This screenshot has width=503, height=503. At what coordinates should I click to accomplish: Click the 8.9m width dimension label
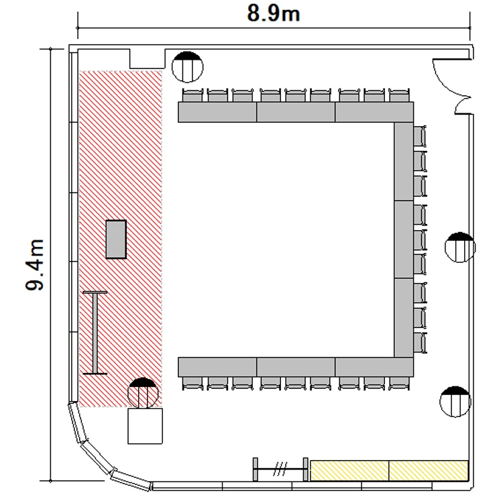274,14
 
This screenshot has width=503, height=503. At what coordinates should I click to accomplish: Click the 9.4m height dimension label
35,265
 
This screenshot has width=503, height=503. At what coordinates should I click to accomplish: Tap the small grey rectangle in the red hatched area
116,239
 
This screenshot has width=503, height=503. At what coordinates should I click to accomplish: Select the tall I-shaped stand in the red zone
95,333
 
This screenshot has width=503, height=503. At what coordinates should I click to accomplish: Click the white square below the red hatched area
146,426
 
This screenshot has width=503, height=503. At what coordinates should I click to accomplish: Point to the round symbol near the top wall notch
187,66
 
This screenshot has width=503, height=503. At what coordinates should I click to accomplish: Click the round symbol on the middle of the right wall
460,247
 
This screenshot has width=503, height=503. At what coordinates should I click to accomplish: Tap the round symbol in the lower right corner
455,402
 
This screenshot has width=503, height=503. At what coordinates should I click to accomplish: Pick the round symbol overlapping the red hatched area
143,393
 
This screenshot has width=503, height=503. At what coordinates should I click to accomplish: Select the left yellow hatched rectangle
349,471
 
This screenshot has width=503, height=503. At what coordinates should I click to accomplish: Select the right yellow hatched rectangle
429,471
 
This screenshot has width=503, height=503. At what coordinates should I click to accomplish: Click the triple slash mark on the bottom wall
280,469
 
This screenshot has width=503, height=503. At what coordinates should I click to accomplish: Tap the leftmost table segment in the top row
217,112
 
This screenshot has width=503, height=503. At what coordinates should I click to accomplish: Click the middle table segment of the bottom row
296,367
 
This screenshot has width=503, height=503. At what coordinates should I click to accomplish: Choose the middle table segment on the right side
404,239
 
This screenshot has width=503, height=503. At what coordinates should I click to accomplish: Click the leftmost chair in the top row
192,95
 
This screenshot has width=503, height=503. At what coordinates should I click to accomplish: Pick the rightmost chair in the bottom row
399,384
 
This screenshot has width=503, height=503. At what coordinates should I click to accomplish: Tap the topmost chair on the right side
421,136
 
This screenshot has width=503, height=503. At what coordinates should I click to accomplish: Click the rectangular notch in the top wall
148,59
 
